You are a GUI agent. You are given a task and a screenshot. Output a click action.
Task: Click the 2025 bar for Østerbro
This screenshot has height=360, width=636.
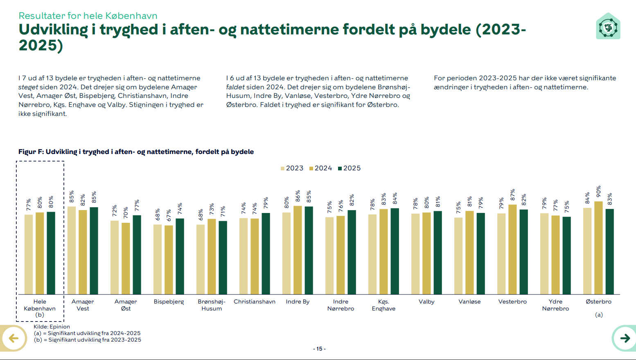coord(609,251)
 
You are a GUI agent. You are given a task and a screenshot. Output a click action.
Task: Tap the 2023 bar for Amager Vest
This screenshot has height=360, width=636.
coord(72,250)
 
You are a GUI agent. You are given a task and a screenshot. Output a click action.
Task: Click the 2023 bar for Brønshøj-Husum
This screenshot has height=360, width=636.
coord(201,259)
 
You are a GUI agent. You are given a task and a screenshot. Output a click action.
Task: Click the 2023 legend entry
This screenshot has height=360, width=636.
coord(292,168)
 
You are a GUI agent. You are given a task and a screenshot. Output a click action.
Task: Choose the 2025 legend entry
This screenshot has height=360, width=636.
coord(349,168)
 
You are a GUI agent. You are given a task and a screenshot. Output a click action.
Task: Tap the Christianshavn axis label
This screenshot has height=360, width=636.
coord(255,302)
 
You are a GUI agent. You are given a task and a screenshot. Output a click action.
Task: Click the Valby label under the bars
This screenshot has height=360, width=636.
coord(426,302)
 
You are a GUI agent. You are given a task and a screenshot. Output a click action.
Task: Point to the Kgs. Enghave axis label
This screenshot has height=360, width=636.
coord(383,305)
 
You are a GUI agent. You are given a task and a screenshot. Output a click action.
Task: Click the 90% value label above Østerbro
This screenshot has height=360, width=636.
coord(599,192)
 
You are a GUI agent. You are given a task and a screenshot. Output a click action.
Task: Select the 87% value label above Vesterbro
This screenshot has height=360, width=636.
coord(513,195)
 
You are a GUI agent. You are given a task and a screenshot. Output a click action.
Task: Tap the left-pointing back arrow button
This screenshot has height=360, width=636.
coord(14,338)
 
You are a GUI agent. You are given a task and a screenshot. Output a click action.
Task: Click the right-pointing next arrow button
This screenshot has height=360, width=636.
coord(625,338)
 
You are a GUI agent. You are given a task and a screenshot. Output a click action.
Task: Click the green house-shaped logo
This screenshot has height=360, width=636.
coord(608,27)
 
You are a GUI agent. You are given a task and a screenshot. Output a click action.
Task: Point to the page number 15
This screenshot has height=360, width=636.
coord(319,349)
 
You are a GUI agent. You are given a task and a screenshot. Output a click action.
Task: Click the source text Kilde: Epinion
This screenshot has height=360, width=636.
coord(52,327)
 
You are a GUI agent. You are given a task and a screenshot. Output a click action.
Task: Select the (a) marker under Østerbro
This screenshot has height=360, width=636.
coord(599,315)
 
